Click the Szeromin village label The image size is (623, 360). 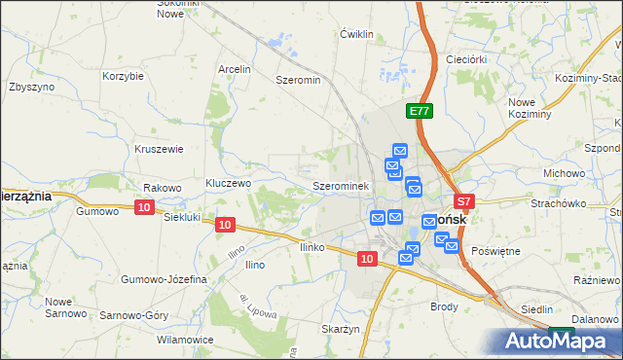click(x=299, y=80)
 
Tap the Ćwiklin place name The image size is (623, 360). click(x=357, y=34)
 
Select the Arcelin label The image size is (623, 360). click(x=235, y=69)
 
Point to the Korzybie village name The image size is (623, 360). click(x=124, y=75)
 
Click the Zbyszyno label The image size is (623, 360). click(x=30, y=86)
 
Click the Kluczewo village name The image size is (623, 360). click(x=230, y=183)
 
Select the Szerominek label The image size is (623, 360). click(x=340, y=185)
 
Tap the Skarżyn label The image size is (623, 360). click(x=341, y=329)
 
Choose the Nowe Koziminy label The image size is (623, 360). click(x=530, y=108)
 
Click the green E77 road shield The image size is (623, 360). click(x=420, y=112)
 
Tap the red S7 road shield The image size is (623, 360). click(x=464, y=202)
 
